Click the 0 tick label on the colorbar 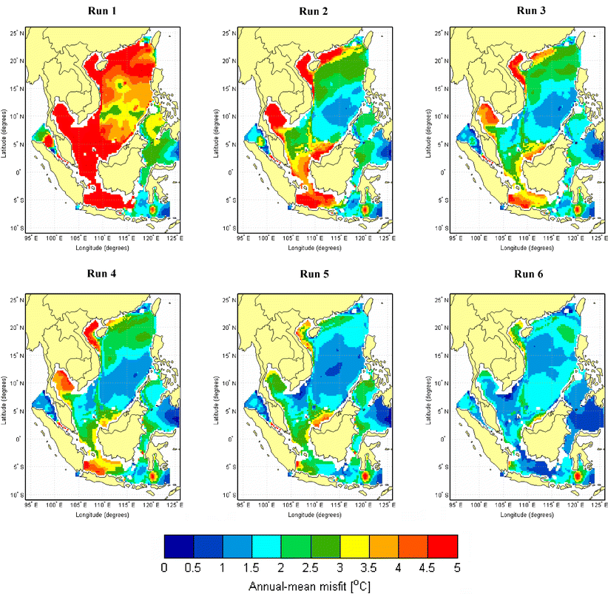point(163,567)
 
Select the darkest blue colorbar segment point(178,546)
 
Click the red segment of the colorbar point(442,546)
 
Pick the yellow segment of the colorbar point(354,546)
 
